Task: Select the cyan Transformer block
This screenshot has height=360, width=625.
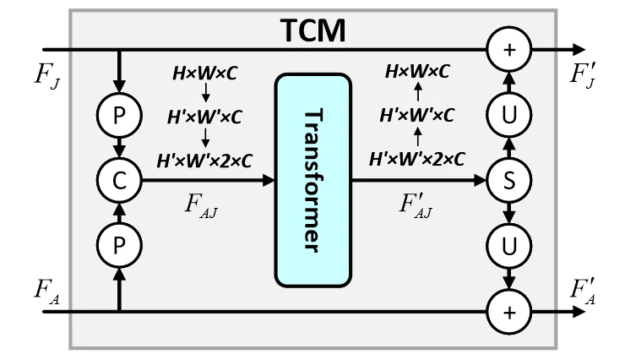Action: pos(312,179)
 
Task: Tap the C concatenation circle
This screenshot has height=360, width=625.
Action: pos(119,179)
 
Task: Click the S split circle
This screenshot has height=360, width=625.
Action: pos(508,179)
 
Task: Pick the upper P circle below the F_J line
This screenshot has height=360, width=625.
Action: pos(119,113)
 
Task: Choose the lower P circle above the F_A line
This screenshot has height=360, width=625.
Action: pos(119,245)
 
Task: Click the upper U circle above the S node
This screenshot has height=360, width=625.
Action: pos(508,113)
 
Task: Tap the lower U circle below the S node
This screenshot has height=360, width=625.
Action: pos(508,245)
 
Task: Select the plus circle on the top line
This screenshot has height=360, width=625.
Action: pos(508,50)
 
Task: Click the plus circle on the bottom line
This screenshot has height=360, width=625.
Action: pos(508,311)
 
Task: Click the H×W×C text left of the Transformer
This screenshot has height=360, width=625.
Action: pos(205,73)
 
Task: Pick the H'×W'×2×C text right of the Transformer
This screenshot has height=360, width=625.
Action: pos(418,157)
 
